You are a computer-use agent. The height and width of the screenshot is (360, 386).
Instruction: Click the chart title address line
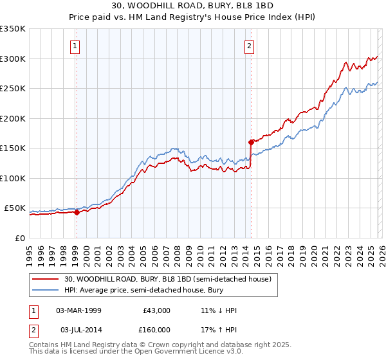click(x=192, y=6)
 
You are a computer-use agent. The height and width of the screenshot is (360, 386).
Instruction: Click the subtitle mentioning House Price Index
click(x=192, y=17)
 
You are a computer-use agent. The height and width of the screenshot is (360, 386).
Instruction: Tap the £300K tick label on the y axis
click(x=13, y=59)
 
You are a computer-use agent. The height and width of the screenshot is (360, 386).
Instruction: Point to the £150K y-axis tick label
click(x=13, y=148)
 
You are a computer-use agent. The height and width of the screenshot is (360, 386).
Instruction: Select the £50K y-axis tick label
click(x=15, y=208)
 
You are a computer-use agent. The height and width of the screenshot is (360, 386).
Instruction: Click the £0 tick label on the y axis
click(x=21, y=239)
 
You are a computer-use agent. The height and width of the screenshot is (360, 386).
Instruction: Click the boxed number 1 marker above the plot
click(x=75, y=46)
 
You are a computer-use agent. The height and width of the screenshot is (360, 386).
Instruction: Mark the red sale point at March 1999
click(x=77, y=212)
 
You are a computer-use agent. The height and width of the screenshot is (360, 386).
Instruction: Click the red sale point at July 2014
click(x=251, y=142)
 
